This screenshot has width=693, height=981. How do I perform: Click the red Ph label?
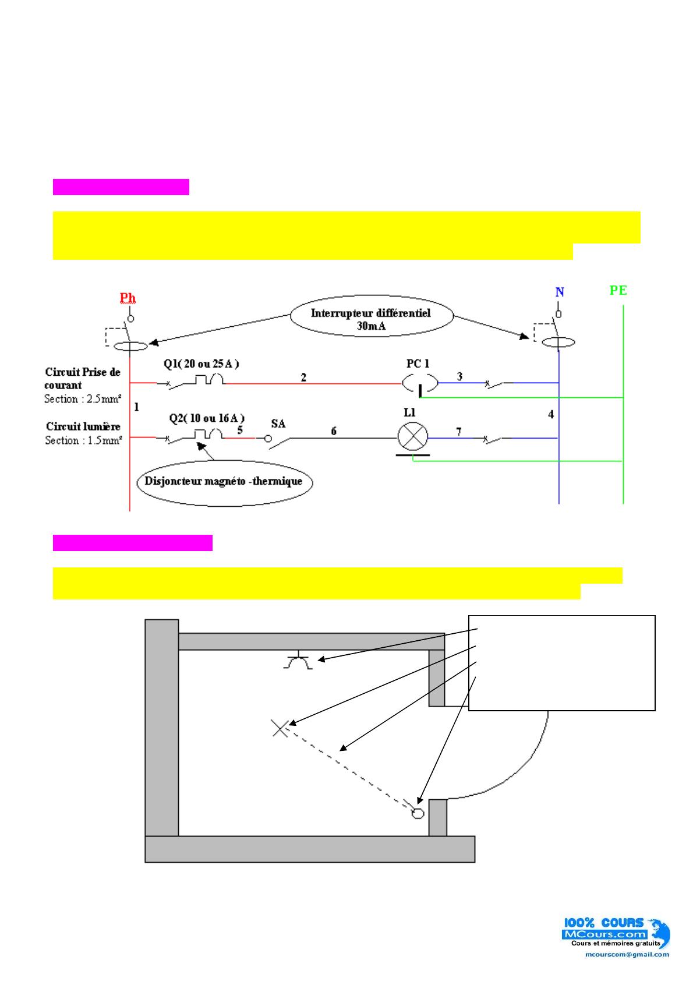tap(128, 298)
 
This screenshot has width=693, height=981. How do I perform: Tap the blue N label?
tap(560, 292)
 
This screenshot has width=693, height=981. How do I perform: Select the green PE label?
tap(618, 290)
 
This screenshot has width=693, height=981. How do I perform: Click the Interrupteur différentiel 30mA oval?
tap(370, 319)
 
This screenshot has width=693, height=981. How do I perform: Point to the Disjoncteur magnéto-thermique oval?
tap(224, 481)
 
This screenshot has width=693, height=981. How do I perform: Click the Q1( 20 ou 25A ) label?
tap(201, 364)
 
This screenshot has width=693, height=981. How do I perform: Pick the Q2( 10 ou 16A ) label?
tap(207, 418)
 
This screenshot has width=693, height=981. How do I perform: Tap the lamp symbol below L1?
tap(412, 437)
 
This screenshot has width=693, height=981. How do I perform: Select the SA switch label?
tap(278, 424)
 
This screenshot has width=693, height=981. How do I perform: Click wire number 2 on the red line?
tap(303, 377)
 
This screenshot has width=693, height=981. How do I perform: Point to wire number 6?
tap(334, 431)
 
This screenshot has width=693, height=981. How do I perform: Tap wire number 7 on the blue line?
tap(459, 432)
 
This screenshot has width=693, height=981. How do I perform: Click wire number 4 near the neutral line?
tap(551, 415)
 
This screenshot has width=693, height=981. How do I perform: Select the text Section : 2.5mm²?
tap(83, 399)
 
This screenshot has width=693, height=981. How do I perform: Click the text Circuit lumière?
tap(83, 426)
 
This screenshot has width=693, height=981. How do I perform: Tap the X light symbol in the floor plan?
tap(280, 728)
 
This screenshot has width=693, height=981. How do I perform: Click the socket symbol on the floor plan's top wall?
tap(298, 662)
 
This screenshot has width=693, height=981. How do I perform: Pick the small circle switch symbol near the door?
tap(418, 813)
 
